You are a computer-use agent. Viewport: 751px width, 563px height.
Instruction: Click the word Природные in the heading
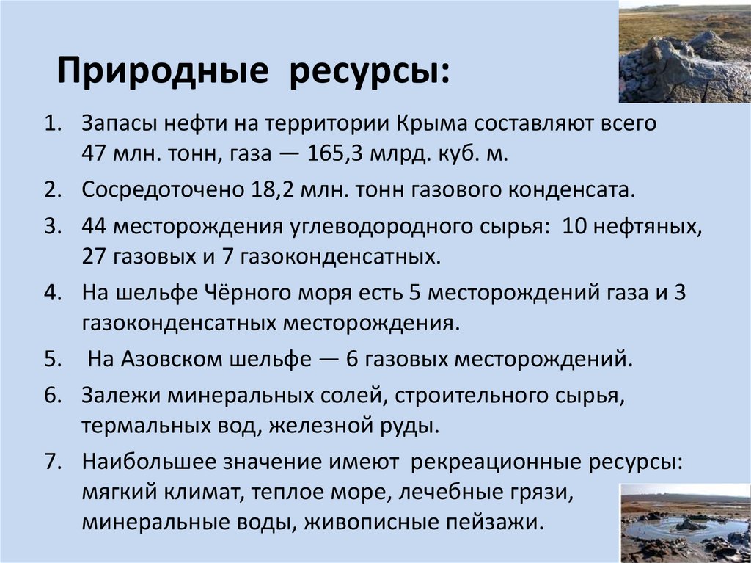163,74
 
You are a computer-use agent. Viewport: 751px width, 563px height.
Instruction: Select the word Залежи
122,394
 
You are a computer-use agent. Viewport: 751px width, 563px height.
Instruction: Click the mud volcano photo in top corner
685,54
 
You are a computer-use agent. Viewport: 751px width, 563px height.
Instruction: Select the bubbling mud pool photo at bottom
685,523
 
